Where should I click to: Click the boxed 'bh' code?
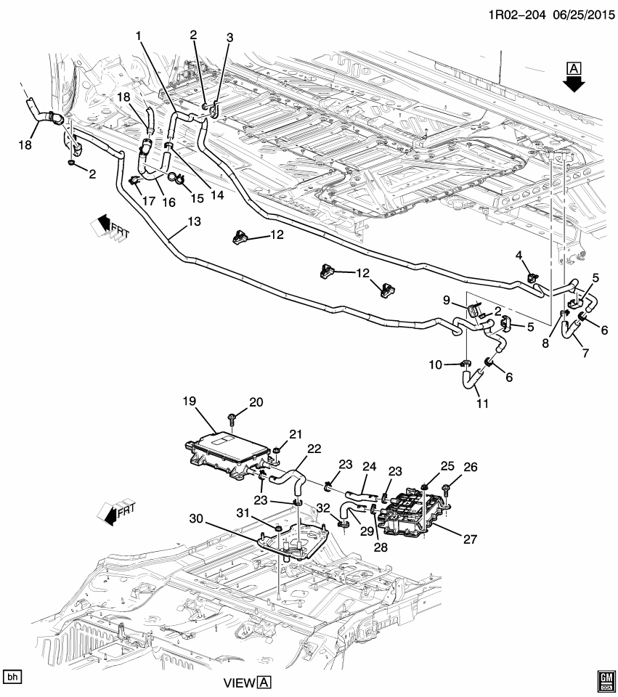coord(12,677)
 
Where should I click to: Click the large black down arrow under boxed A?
coord(574,83)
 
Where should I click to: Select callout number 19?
coord(190,401)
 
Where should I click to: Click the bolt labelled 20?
coord(230,419)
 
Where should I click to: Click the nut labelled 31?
coord(276,527)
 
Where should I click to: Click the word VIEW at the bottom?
coord(240,683)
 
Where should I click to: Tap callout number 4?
coord(519,255)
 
